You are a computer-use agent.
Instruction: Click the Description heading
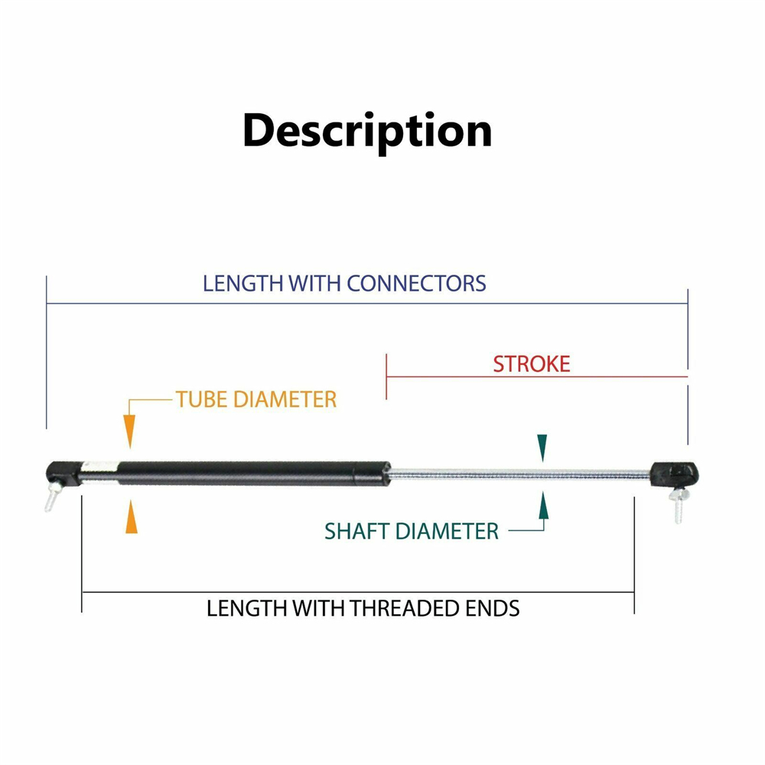367,131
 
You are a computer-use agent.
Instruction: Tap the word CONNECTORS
416,284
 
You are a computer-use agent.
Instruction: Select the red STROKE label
532,364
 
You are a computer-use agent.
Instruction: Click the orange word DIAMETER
285,399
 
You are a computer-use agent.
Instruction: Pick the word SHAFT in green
357,532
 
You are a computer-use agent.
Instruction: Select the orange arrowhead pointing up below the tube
132,516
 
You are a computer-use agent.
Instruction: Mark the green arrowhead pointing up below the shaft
543,505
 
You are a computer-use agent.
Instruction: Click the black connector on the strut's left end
63,473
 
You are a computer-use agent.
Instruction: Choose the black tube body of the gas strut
254,473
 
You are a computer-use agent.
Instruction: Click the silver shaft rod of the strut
520,474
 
